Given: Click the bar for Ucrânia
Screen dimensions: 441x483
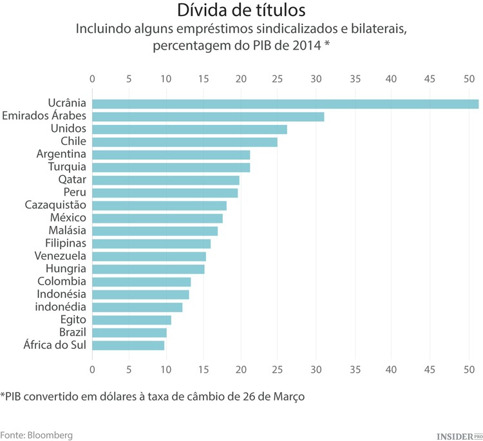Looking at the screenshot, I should pos(285,104).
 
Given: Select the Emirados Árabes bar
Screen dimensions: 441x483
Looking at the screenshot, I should pos(208,117).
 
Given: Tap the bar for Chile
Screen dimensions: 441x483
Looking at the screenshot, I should pos(185,142).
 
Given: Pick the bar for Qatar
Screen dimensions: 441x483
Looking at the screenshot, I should pos(166,180).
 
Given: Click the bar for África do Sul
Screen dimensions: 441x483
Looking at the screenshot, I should pos(128,346).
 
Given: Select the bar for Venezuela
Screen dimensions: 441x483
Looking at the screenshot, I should pos(149,256).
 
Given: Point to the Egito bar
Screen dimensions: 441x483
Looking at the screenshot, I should pos(131,320).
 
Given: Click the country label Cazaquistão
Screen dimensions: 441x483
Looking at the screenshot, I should pos(55,205).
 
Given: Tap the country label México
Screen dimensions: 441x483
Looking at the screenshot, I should pos(68,218).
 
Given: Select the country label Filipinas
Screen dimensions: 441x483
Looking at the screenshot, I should pos(66,243).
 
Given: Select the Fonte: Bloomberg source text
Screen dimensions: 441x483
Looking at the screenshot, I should pos(36,435).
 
